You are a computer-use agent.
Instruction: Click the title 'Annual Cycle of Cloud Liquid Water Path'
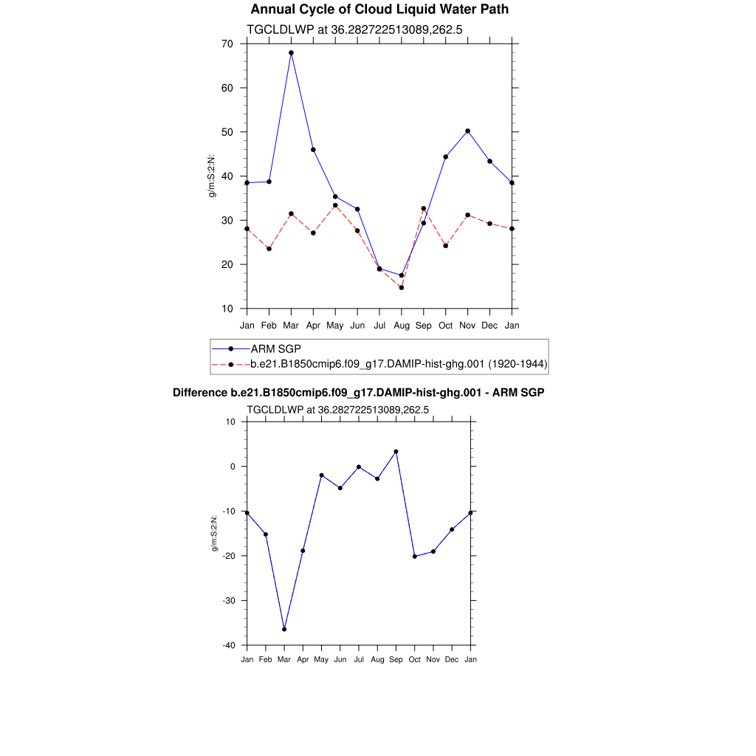[x=379, y=10]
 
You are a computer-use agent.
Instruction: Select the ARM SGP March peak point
[x=291, y=53]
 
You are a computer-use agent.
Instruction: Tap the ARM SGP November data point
[x=467, y=131]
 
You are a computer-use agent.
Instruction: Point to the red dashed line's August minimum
[x=402, y=287]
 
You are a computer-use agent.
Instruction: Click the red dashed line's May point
[x=335, y=205]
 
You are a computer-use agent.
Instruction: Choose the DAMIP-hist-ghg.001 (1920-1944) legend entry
[x=399, y=364]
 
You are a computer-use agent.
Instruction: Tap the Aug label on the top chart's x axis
[x=402, y=325]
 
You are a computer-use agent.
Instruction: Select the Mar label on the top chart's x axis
[x=291, y=325]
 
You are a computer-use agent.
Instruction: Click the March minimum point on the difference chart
[x=284, y=629]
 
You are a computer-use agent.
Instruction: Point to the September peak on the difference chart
[x=396, y=451]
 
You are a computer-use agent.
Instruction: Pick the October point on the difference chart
[x=415, y=556]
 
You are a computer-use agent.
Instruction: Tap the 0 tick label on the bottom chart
[x=232, y=467]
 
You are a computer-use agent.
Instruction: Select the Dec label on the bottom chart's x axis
[x=452, y=659]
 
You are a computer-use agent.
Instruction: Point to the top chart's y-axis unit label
[x=212, y=176]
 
